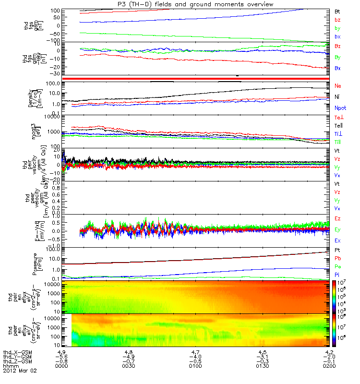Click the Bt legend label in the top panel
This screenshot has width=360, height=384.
338,11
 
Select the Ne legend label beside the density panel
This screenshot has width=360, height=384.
338,85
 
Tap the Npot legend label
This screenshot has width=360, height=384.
340,108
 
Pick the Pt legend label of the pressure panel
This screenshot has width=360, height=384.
338,251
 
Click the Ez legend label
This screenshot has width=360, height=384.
338,218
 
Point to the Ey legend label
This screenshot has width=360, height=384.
338,229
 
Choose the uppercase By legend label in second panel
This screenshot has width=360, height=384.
338,57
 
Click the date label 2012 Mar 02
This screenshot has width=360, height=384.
20,371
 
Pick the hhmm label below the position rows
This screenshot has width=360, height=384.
10,366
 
